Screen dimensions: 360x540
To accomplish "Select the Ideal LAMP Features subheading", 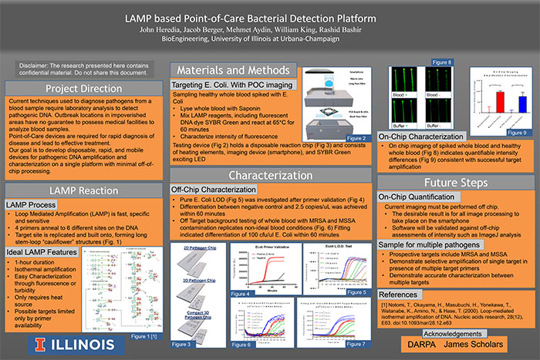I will point(39,252).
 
